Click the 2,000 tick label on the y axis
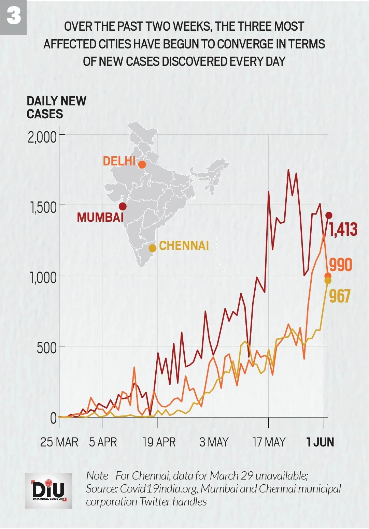click(x=42, y=137)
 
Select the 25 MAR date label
click(x=59, y=442)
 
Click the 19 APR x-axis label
click(x=159, y=442)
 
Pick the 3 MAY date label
click(x=214, y=442)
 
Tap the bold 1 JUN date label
click(x=320, y=442)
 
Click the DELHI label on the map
click(x=119, y=161)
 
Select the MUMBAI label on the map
click(x=100, y=217)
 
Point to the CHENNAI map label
click(x=184, y=246)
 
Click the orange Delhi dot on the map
click(x=142, y=165)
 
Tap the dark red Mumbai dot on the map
click(x=123, y=206)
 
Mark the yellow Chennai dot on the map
click(x=153, y=248)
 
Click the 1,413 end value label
click(x=343, y=229)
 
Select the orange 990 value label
click(x=340, y=265)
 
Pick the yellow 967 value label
click(x=340, y=296)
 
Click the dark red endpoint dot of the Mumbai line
click(x=329, y=215)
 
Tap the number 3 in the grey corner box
click(x=13, y=17)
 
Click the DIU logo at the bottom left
click(x=48, y=490)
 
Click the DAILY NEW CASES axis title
click(x=56, y=107)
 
